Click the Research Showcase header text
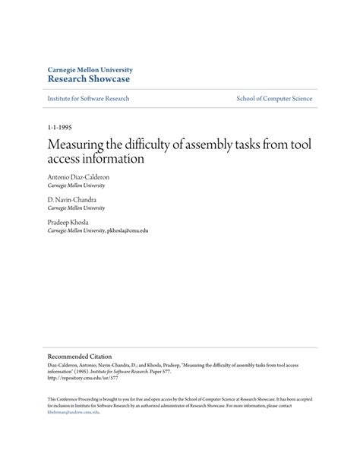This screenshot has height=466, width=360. point(89,79)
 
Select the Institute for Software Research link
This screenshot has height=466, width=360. point(88,99)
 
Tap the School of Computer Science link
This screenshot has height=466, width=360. point(273,99)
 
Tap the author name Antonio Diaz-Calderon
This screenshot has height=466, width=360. point(78,176)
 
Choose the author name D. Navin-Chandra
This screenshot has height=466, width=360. point(73,199)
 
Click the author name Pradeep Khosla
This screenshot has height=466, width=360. point(68,222)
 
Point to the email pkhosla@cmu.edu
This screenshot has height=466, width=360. point(128,230)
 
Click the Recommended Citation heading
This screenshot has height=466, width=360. point(79,355)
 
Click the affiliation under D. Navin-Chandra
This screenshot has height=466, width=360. point(76,208)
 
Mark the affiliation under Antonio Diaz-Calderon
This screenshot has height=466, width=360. point(76,185)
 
